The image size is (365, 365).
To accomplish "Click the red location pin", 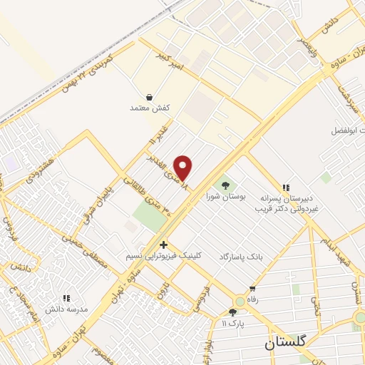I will [184, 167].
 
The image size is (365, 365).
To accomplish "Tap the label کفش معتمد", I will [148, 108].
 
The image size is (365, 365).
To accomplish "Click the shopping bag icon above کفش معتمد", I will [148, 96].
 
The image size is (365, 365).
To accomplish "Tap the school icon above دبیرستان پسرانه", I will [287, 185].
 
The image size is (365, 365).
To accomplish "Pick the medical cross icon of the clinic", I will [164, 245].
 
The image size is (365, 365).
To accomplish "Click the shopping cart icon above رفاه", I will [252, 289].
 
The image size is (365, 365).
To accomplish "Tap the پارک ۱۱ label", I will [232, 324].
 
